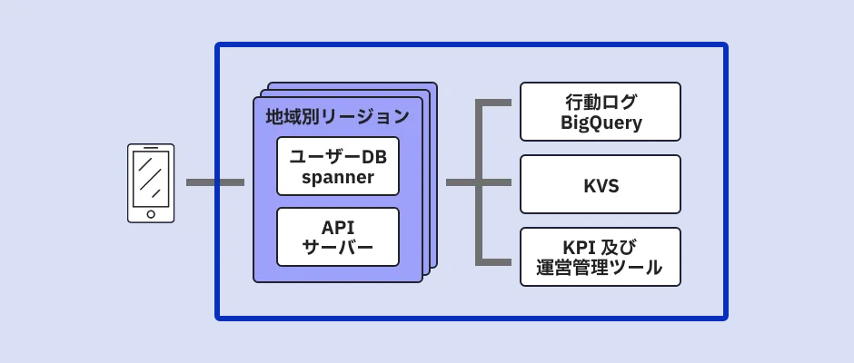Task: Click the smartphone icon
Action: point(151,182)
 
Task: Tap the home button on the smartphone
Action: point(151,214)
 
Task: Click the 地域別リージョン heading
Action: point(337,116)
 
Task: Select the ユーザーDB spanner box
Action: point(338,166)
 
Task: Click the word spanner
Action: point(338,178)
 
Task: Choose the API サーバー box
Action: point(338,237)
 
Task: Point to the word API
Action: point(338,226)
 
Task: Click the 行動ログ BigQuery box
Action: point(601,112)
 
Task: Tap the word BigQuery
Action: point(601,123)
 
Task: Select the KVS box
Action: point(601,184)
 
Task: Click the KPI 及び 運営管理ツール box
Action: point(601,257)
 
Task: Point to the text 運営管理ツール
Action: point(601,269)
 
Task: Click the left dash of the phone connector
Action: point(200,182)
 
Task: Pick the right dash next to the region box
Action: point(233,182)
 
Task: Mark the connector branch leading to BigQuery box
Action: point(495,103)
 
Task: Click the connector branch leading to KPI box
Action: point(495,262)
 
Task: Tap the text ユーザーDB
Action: point(338,156)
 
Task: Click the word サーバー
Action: point(338,248)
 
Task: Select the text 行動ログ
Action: point(601,101)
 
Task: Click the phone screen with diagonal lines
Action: point(151,179)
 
